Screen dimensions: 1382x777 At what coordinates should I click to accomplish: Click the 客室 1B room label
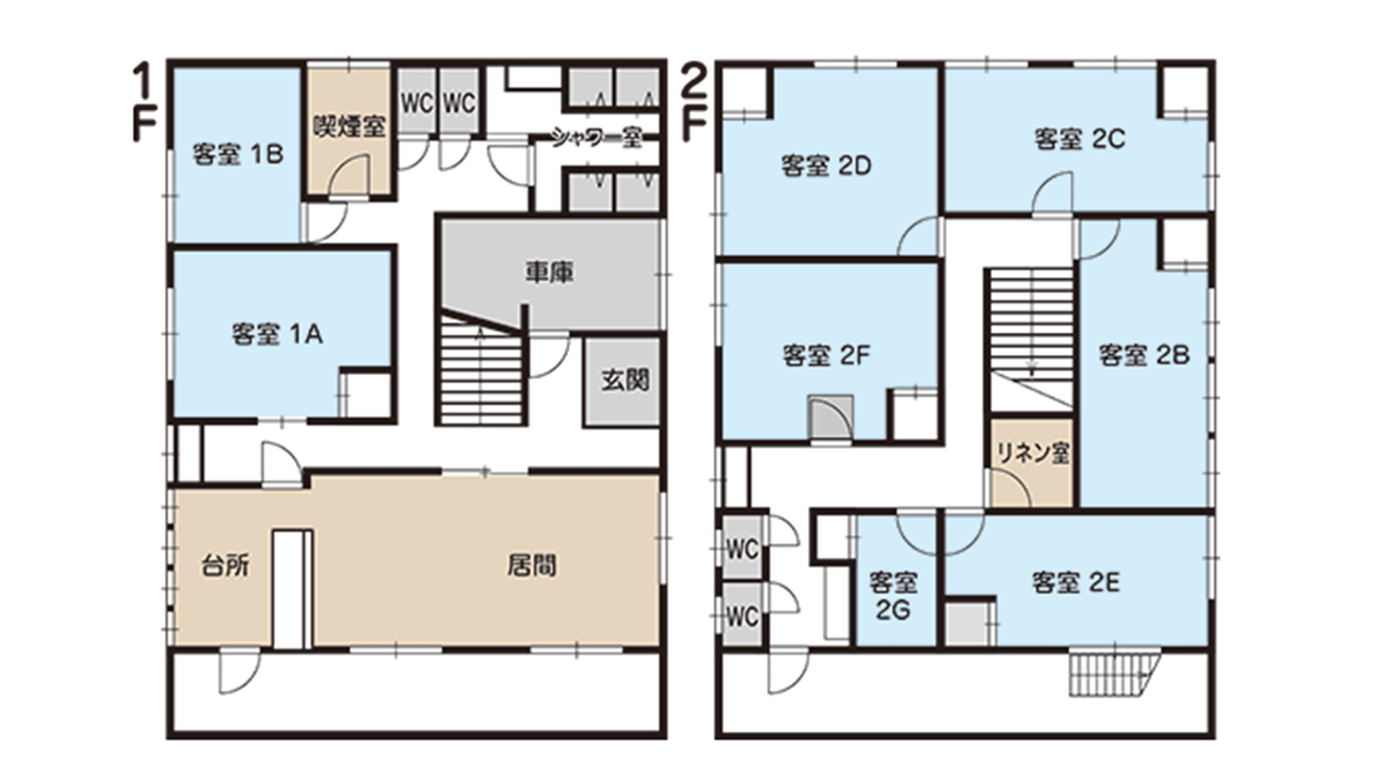pos(238,154)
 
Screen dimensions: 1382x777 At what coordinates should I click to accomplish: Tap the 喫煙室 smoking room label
pos(349,126)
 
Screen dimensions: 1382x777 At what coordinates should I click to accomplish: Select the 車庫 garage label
pos(549,272)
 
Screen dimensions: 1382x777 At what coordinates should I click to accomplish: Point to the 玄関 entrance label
pos(625,380)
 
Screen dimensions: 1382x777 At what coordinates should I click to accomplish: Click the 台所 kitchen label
pos(225,566)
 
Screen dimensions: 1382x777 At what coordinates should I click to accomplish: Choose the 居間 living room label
pos(532,566)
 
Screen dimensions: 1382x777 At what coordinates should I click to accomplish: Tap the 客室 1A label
pos(277,334)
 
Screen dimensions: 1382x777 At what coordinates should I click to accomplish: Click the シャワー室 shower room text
pos(597,137)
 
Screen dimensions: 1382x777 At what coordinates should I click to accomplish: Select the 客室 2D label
pos(826,166)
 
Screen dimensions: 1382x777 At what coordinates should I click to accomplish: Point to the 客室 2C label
pos(1079,139)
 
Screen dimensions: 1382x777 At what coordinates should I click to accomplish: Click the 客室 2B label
pos(1144,355)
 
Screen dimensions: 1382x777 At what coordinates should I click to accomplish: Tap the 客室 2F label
pos(826,355)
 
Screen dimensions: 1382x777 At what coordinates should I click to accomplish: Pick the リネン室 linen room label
pos(1033,453)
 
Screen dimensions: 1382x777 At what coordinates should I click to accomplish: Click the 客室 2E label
pos(1076,583)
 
